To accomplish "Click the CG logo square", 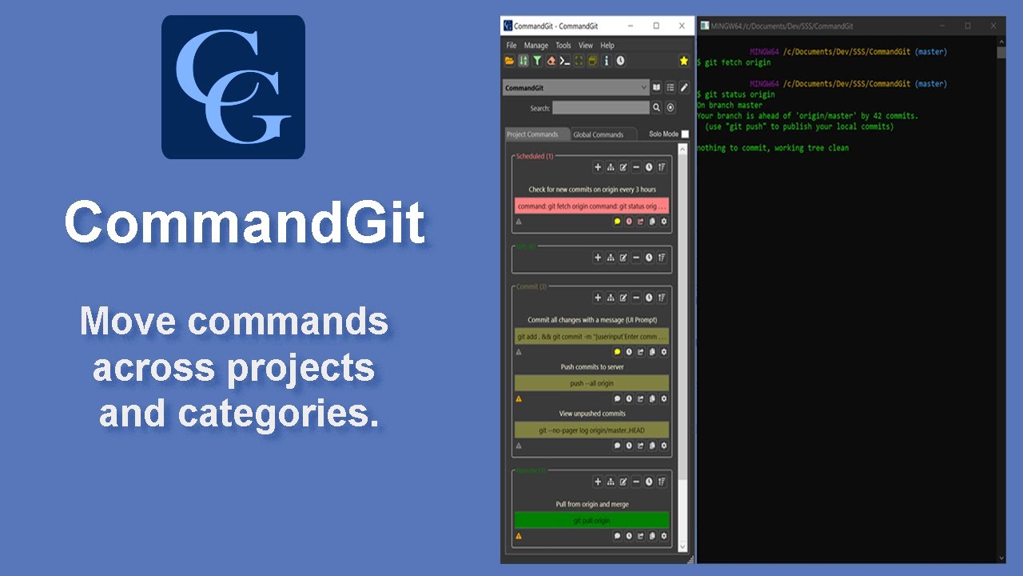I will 233,87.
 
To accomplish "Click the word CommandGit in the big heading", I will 245,222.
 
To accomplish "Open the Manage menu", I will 536,46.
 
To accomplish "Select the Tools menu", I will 563,46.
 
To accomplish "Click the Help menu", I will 607,46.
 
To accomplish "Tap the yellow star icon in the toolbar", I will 683,61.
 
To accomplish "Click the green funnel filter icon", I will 537,61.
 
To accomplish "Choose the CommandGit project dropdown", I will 575,88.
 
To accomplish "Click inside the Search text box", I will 600,108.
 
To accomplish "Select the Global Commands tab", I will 598,134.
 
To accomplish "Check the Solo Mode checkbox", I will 685,134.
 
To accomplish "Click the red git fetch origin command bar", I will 591,206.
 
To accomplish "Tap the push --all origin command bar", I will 591,383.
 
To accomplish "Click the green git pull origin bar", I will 591,521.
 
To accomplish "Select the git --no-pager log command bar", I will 591,430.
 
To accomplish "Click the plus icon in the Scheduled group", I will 597,167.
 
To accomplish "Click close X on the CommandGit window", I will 682,26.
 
